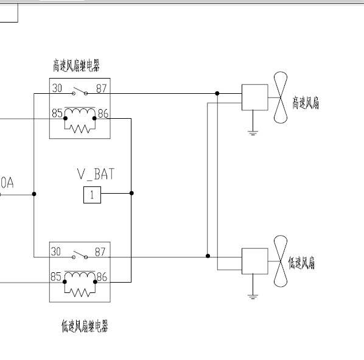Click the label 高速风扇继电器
click(76, 66)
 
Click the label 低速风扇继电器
click(85, 326)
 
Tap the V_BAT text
click(96, 174)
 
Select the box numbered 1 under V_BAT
click(92, 195)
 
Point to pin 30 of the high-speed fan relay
click(57, 88)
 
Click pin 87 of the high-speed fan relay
click(102, 88)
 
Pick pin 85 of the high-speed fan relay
click(57, 113)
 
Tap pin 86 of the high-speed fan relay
click(103, 113)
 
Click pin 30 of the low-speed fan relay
click(56, 252)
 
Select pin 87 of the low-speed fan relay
click(100, 252)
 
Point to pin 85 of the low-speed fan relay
click(56, 277)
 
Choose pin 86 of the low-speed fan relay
click(102, 277)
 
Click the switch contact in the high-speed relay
click(80, 91)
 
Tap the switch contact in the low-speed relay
click(80, 255)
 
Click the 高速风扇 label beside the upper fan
click(306, 103)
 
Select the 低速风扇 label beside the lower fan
click(301, 263)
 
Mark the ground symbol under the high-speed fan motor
click(253, 133)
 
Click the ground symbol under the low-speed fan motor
click(253, 297)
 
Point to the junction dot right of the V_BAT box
click(131, 193)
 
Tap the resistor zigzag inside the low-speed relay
click(80, 292)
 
